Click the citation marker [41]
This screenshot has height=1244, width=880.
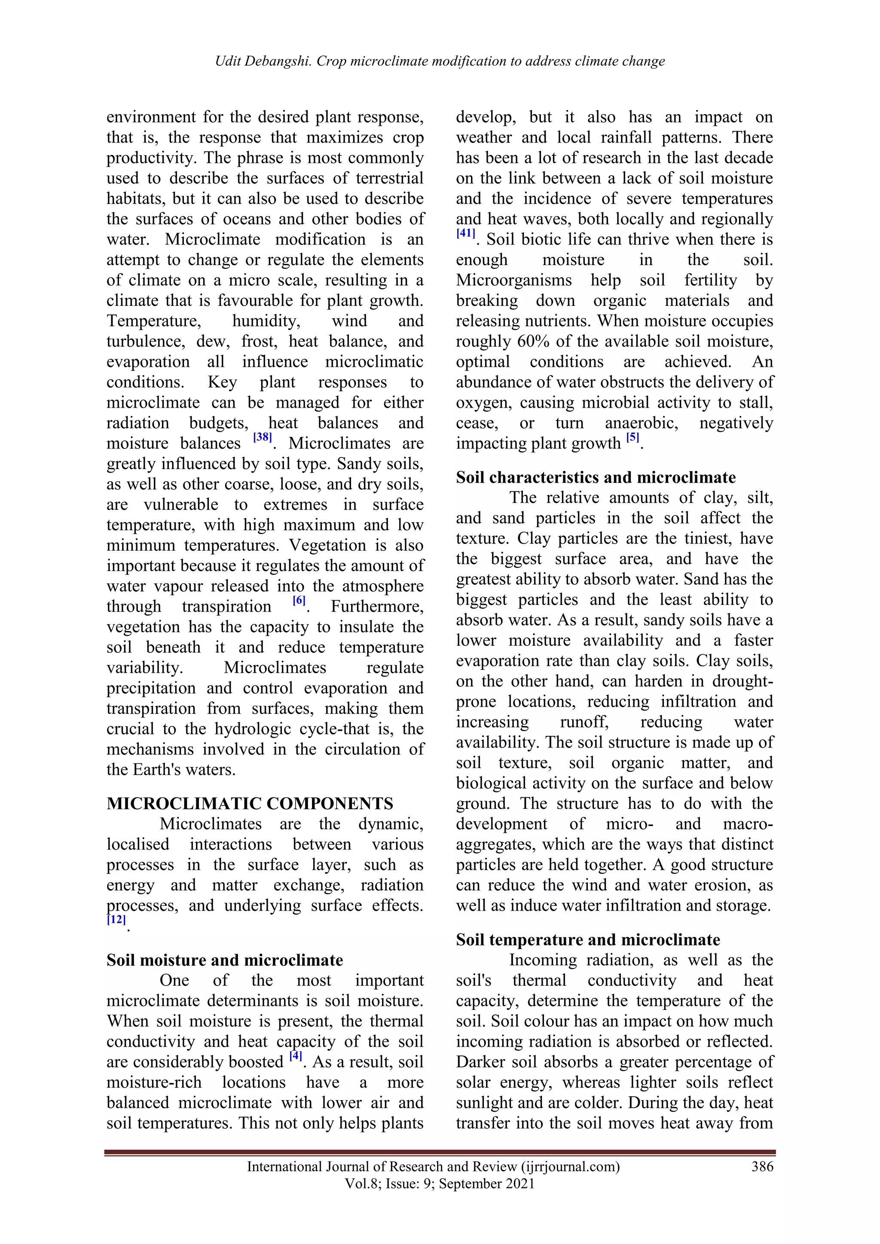point(465,234)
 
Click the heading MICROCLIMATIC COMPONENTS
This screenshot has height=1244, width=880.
point(250,804)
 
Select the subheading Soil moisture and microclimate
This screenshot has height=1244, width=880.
point(224,960)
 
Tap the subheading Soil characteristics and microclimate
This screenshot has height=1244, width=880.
point(596,477)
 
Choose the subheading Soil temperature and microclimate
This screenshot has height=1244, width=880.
point(588,939)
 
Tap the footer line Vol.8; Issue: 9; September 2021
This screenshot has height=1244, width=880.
point(440,1184)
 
